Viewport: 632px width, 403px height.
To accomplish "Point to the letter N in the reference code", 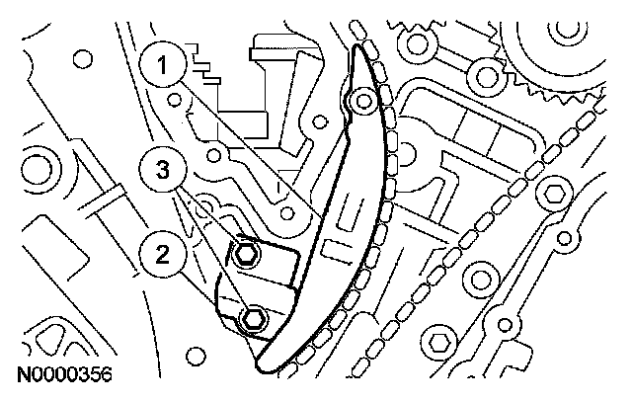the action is coord(22,375).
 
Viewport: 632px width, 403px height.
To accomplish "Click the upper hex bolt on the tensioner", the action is coord(247,256).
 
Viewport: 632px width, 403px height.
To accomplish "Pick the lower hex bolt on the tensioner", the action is coord(254,318).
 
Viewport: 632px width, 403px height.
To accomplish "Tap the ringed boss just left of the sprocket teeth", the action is coord(483,71).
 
